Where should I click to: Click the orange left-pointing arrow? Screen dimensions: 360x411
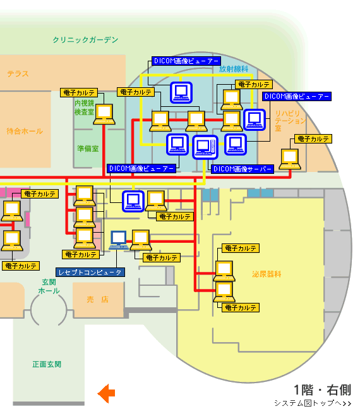pyautogui.click(x=106, y=393)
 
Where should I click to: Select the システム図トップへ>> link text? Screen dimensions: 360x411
pyautogui.click(x=313, y=403)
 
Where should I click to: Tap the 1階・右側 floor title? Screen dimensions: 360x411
pyautogui.click(x=322, y=390)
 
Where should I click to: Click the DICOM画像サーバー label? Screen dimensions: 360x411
pyautogui.click(x=243, y=169)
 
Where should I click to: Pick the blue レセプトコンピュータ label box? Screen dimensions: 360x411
pyautogui.click(x=90, y=273)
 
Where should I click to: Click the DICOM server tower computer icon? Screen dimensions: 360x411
pyautogui.click(x=205, y=147)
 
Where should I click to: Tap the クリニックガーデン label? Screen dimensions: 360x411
pyautogui.click(x=85, y=40)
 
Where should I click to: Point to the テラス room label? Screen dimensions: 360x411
pyautogui.click(x=18, y=73)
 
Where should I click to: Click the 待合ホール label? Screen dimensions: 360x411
pyautogui.click(x=25, y=131)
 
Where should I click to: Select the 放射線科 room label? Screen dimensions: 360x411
pyautogui.click(x=234, y=69)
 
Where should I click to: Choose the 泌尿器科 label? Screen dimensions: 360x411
pyautogui.click(x=267, y=274)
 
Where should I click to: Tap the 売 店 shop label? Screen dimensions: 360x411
pyautogui.click(x=97, y=299)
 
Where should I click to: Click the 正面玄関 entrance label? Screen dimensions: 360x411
pyautogui.click(x=47, y=364)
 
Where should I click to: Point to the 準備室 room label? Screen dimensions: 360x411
pyautogui.click(x=88, y=149)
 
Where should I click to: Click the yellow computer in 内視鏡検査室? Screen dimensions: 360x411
pyautogui.click(x=104, y=114)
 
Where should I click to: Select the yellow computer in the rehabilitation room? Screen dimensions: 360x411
pyautogui.click(x=290, y=159)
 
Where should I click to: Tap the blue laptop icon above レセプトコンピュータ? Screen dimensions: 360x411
pyautogui.click(x=119, y=240)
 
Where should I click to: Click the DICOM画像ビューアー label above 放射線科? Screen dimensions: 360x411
pyautogui.click(x=186, y=61)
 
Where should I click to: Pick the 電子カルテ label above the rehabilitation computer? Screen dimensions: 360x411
pyautogui.click(x=313, y=138)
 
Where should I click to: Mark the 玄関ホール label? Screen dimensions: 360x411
pyautogui.click(x=49, y=286)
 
